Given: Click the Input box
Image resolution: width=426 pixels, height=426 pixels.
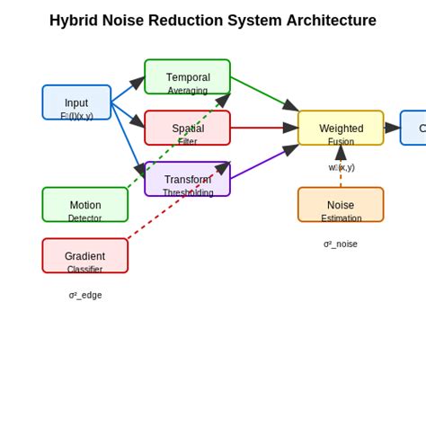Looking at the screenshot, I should click(76, 102).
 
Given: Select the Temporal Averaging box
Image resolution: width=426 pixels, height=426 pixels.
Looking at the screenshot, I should click(187, 77).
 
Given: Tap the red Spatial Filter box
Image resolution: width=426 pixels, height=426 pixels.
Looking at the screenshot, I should click(187, 128).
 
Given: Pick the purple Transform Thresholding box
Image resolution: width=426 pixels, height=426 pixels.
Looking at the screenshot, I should click(187, 179).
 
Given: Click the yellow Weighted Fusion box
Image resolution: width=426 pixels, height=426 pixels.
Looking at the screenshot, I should click(341, 128).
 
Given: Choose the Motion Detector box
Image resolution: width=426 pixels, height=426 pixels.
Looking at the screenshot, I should click(84, 204).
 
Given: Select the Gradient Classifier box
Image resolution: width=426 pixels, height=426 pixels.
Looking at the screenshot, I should click(84, 255).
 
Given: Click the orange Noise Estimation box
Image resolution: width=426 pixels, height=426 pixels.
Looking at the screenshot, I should click(341, 204).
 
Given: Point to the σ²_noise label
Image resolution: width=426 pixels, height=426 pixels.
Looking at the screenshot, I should click(341, 244).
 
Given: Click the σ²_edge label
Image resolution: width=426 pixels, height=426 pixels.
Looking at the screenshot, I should click(85, 295).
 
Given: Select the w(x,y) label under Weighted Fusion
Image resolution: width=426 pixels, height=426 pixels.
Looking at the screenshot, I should click(342, 167).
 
